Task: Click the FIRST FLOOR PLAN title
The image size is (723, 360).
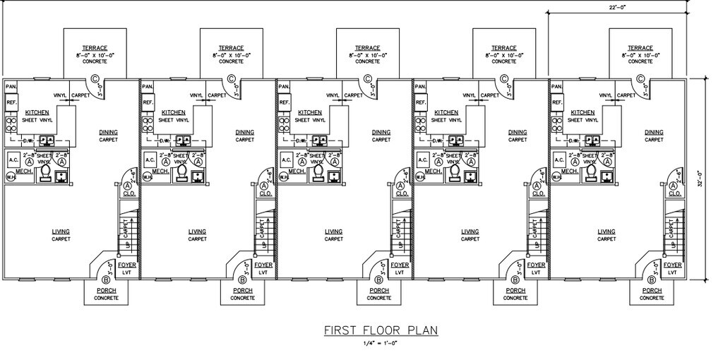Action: [x=381, y=330]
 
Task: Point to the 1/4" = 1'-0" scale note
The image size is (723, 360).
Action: [x=381, y=342]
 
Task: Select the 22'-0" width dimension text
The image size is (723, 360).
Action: [x=619, y=6]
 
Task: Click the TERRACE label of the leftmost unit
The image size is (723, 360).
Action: [x=95, y=47]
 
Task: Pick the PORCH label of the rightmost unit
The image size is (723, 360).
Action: [x=652, y=290]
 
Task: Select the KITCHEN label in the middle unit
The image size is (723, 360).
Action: [x=309, y=112]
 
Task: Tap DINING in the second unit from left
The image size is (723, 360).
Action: [x=245, y=132]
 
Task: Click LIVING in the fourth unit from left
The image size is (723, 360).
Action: [x=470, y=232]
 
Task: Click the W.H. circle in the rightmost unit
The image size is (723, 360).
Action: [x=556, y=176]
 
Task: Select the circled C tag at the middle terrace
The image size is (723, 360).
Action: [x=368, y=79]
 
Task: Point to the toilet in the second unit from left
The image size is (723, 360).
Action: [x=181, y=170]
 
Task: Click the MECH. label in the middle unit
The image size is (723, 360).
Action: [x=296, y=170]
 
